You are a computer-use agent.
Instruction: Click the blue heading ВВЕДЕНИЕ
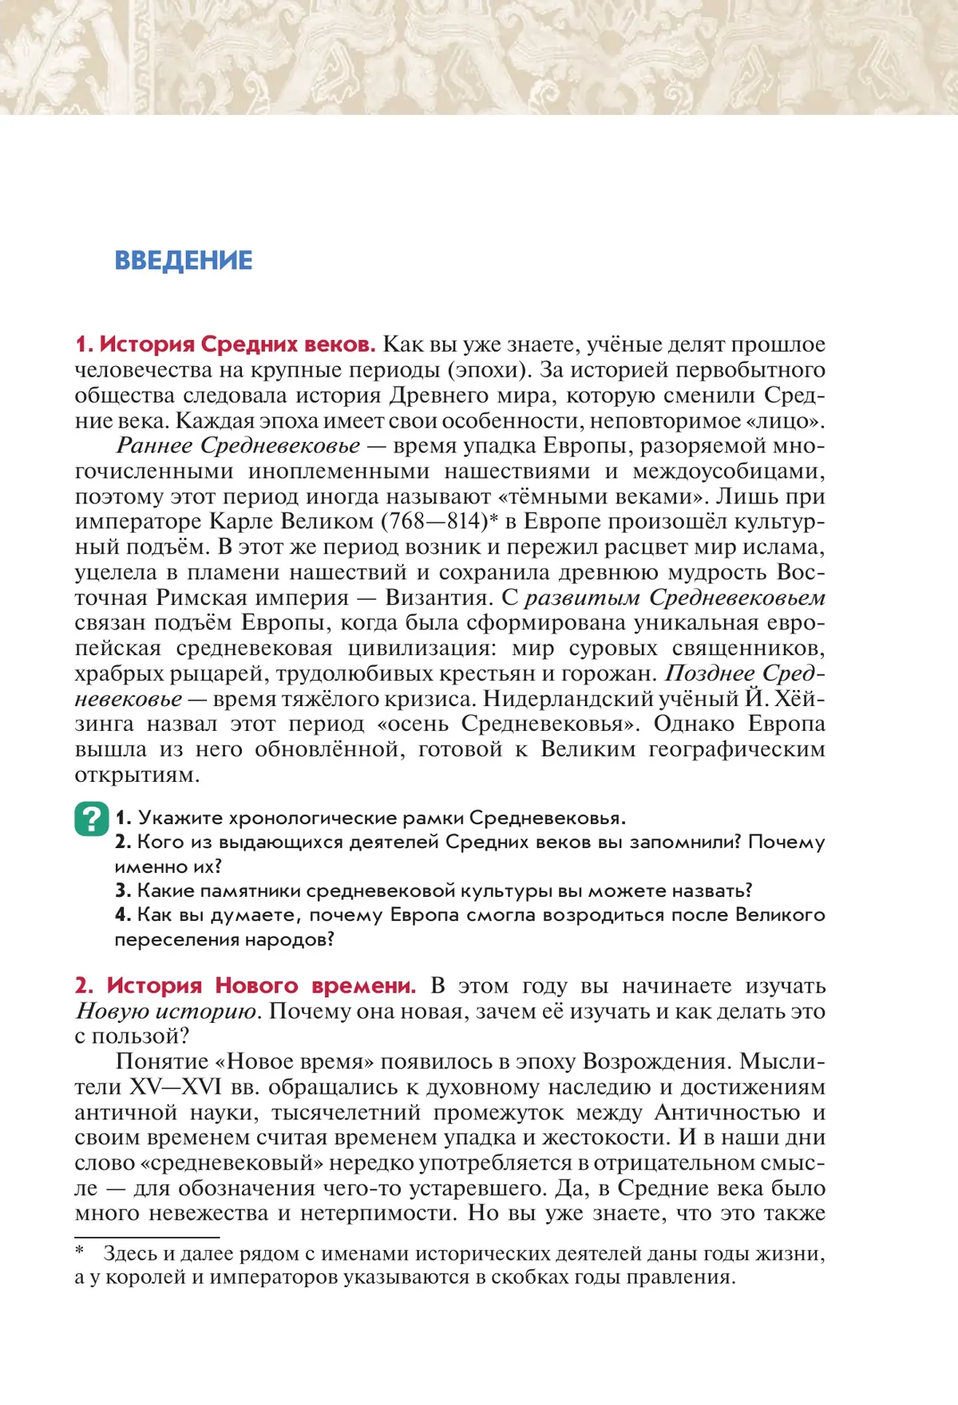pos(184,261)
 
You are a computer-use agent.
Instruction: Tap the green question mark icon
pos(92,819)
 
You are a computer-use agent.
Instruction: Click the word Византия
pos(437,598)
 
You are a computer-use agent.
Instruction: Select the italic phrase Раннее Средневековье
pos(238,446)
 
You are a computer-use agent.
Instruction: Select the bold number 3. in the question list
pos(123,890)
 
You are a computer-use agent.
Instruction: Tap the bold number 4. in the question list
pos(123,915)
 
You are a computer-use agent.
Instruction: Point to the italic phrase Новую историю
pos(167,1012)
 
